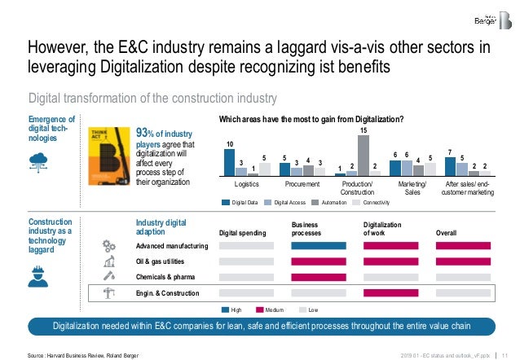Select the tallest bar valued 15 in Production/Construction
364,155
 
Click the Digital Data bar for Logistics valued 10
229,161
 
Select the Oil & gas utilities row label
160,261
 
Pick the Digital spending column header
243,232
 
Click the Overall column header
447,232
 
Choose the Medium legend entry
273,310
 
